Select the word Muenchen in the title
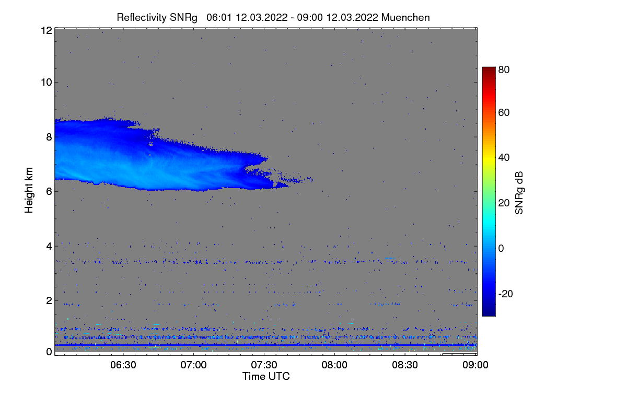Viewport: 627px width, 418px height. pyautogui.click(x=405, y=18)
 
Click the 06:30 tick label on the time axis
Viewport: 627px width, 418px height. pyautogui.click(x=123, y=365)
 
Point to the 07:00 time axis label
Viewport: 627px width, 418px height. pyautogui.click(x=194, y=365)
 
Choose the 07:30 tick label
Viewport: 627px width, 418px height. pyautogui.click(x=264, y=365)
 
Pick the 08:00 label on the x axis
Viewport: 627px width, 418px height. pyautogui.click(x=334, y=365)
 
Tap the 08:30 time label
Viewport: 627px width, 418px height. pyautogui.click(x=405, y=365)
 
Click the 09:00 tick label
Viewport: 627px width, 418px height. pyautogui.click(x=475, y=365)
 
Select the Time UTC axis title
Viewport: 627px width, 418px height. pyautogui.click(x=266, y=376)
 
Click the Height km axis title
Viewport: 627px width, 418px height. pyautogui.click(x=29, y=190)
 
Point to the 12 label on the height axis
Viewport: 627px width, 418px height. pyautogui.click(x=47, y=30)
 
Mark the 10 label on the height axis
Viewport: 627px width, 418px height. pyautogui.click(x=47, y=83)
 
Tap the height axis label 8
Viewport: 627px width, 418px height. pyautogui.click(x=49, y=137)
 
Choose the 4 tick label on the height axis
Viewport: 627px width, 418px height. pyautogui.click(x=49, y=247)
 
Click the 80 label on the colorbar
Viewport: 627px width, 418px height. pyautogui.click(x=504, y=69)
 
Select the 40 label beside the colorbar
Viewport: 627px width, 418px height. pyautogui.click(x=504, y=158)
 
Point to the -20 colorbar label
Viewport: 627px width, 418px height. pyautogui.click(x=506, y=294)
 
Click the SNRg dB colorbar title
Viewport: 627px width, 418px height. pyautogui.click(x=519, y=193)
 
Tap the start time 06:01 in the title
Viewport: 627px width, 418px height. pyautogui.click(x=219, y=18)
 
